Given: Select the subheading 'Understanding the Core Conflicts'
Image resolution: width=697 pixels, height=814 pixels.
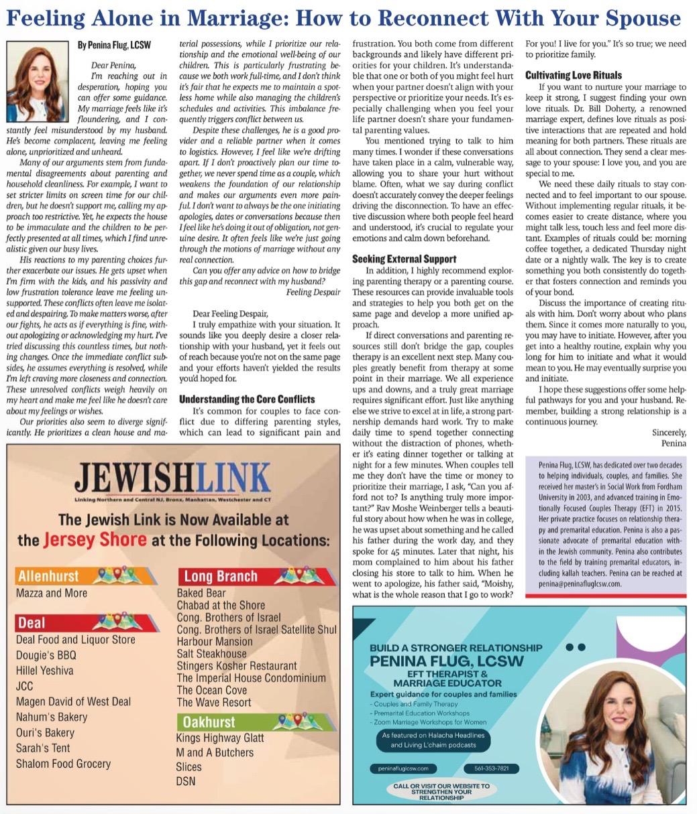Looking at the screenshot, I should click(247, 399).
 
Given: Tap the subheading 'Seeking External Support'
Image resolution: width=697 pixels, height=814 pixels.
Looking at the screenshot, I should click(404, 259).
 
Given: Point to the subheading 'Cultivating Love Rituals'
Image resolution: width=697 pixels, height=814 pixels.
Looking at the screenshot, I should click(573, 75).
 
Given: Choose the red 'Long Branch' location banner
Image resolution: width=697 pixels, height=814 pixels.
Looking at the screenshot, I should click(255, 575).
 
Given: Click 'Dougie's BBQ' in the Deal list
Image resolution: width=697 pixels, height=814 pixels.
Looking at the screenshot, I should click(46, 655).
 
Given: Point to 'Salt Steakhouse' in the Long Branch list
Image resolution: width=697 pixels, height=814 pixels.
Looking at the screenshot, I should click(211, 653).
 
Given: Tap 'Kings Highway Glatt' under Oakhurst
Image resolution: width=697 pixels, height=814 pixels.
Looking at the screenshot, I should click(220, 738).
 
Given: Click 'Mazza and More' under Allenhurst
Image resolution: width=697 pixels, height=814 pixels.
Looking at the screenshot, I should click(52, 593).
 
